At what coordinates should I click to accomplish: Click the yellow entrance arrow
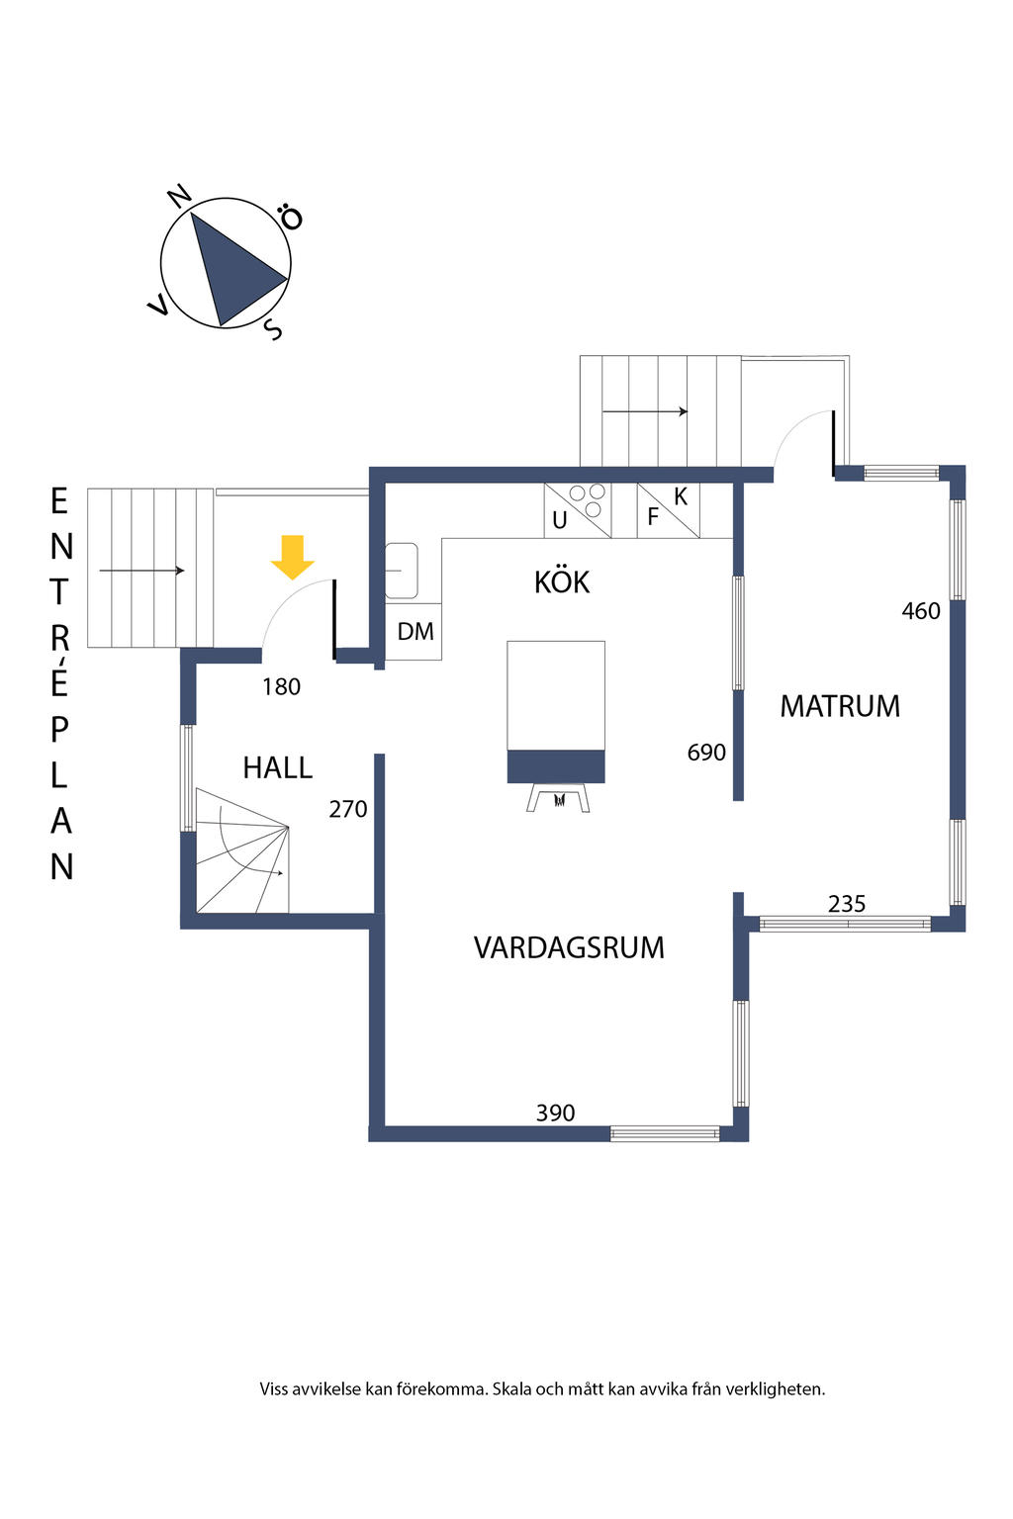(x=293, y=557)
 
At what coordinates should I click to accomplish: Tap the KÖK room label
(x=562, y=582)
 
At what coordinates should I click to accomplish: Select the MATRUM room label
(x=840, y=706)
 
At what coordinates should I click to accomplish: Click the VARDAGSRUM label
(x=569, y=947)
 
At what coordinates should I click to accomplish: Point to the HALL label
(x=277, y=767)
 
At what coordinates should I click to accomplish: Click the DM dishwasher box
(x=414, y=631)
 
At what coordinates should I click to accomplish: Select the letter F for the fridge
(x=653, y=516)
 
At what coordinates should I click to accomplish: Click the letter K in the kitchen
(x=681, y=496)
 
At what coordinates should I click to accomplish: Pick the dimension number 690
(x=706, y=753)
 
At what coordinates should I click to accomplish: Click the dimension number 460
(x=920, y=611)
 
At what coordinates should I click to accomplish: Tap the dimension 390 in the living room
(x=555, y=1113)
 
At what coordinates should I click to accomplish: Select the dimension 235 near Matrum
(x=847, y=903)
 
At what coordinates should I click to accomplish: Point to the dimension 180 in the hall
(x=281, y=686)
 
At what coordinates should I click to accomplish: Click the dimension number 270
(x=347, y=809)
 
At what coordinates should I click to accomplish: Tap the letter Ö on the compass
(x=290, y=217)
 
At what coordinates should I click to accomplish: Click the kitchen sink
(x=401, y=571)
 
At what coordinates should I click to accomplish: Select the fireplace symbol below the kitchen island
(x=558, y=797)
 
